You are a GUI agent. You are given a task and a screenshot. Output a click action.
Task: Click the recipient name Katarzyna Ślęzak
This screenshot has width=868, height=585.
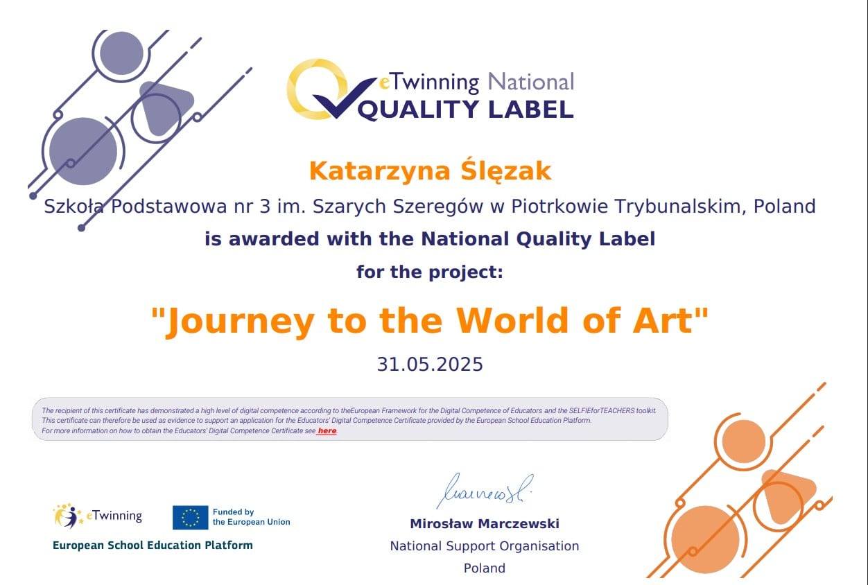430,171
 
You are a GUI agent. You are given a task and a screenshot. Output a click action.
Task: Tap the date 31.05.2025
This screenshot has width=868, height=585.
430,365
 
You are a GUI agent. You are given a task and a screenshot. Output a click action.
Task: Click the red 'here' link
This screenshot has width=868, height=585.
327,431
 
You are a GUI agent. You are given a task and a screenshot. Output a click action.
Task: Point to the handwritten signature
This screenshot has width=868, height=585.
485,491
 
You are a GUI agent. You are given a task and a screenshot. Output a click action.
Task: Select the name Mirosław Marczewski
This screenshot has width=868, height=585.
485,524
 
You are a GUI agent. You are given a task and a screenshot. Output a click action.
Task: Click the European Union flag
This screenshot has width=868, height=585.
190,517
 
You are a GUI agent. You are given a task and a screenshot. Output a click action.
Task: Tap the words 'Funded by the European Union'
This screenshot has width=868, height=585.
251,517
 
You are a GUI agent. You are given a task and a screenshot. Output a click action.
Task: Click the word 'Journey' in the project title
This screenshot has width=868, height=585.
241,322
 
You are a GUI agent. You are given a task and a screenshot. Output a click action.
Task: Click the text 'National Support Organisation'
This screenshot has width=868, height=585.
485,546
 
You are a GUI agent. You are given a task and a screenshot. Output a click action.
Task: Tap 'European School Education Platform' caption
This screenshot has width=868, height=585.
153,545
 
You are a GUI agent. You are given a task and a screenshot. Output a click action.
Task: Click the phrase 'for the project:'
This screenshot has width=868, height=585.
430,272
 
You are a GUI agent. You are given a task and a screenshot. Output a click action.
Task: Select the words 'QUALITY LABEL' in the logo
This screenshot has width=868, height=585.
465,109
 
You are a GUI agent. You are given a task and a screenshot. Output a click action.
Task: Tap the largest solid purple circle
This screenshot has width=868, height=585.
83,151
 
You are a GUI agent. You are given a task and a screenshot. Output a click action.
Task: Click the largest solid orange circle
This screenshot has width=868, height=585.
705,539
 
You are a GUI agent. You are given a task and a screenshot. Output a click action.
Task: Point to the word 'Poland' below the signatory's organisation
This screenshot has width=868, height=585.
485,568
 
